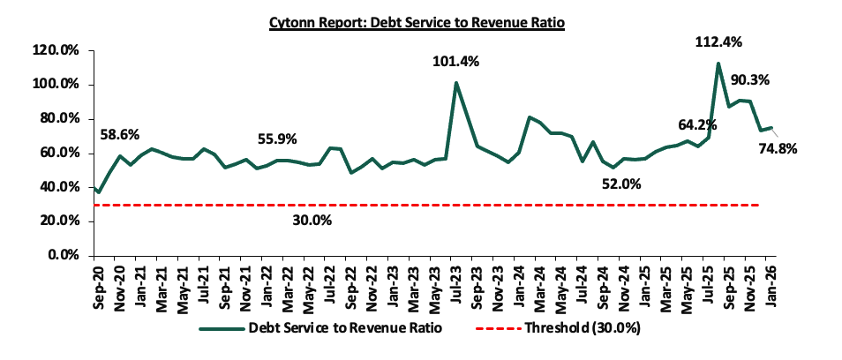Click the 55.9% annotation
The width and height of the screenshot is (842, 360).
point(277,139)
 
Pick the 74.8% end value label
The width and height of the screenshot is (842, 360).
point(777,148)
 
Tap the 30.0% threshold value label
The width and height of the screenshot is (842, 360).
point(312,220)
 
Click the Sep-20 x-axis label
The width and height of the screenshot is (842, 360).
point(97,281)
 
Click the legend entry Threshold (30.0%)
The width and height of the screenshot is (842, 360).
point(583,328)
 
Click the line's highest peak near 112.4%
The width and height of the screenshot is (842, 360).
point(718,64)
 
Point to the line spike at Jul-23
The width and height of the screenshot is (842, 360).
point(456,83)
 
